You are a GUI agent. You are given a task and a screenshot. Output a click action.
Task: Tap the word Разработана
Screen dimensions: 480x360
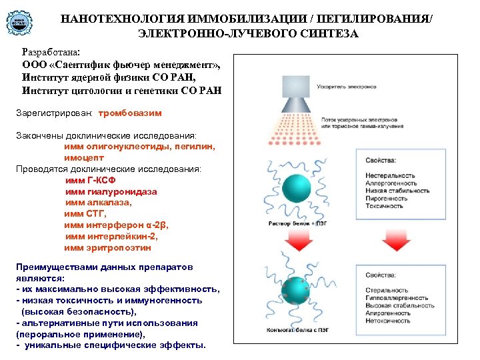(x=51, y=51)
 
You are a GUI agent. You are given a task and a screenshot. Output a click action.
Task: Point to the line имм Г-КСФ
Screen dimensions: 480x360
(x=93, y=180)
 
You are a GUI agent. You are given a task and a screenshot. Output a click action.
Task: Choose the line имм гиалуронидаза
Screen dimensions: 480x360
(x=111, y=191)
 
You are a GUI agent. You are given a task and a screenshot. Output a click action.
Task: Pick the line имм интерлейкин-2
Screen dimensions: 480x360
(x=111, y=236)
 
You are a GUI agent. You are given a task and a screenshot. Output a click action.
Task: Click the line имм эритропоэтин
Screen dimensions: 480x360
(x=108, y=247)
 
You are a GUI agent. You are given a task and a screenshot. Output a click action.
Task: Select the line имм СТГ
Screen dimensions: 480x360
(x=85, y=213)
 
